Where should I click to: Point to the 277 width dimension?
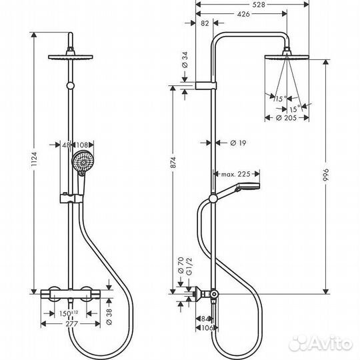pyautogui.click(x=68, y=325)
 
